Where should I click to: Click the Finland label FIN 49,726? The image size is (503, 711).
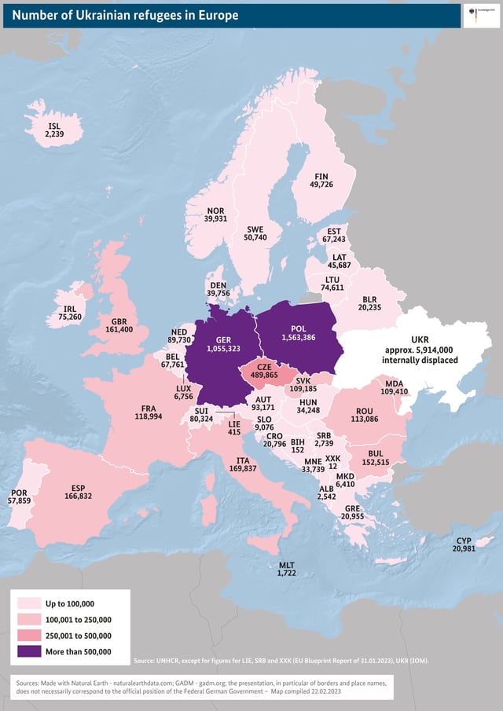coord(321,180)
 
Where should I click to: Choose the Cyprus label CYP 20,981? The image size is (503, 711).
coord(463,544)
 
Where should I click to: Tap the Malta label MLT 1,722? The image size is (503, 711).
coord(287,570)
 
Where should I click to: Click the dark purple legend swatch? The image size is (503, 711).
coord(30,651)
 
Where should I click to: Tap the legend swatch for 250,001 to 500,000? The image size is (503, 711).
coord(30,636)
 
